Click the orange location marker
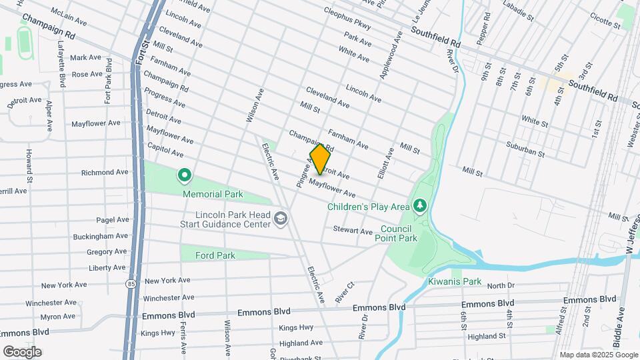click(321, 159)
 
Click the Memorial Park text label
click(214, 195)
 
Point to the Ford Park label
click(215, 255)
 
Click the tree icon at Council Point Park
click(419, 205)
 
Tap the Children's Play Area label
click(368, 207)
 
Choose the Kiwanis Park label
click(455, 281)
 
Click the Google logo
click(22, 351)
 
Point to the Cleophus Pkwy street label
click(346, 19)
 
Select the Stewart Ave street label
click(353, 231)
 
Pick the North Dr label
click(501, 285)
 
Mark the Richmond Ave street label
click(105, 172)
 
